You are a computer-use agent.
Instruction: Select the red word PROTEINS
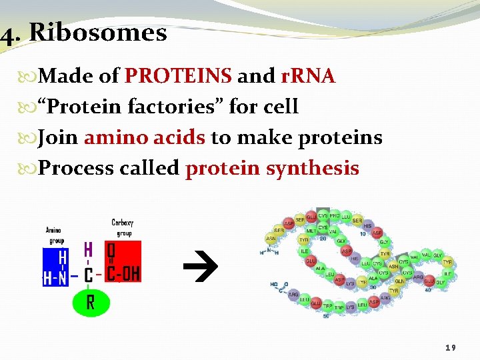pos(178,77)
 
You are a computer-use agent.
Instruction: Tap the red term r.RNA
pos(307,77)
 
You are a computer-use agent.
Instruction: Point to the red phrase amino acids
pos(145,137)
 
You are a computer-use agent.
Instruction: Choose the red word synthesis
pos(312,168)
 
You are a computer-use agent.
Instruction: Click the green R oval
pos(90,303)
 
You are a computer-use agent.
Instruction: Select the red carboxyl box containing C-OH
pos(123,261)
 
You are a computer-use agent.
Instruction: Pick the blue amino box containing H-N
pos(55,267)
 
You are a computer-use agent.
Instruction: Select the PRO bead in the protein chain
pos(335,217)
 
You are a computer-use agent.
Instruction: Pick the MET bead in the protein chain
pos(311,231)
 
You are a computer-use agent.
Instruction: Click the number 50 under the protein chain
pos(325,315)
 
